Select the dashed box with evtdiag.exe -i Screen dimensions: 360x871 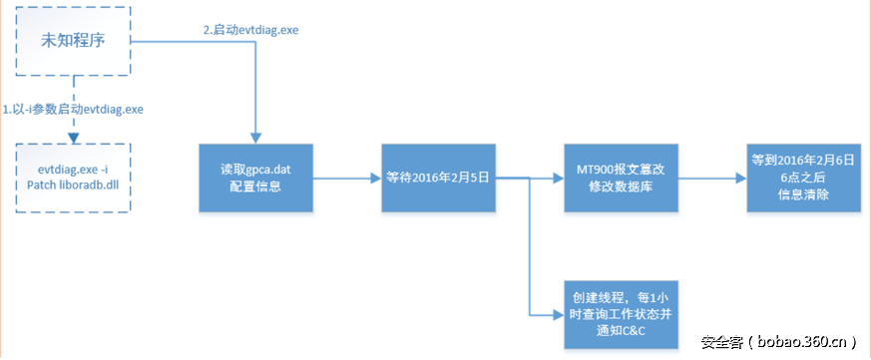(73, 178)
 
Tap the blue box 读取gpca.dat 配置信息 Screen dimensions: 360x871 (254, 178)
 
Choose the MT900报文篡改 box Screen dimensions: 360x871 (621, 178)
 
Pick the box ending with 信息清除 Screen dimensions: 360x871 (803, 178)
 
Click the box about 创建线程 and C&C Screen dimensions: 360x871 (621, 313)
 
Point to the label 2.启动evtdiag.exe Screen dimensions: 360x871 (250, 30)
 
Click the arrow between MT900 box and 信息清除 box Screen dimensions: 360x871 (712, 178)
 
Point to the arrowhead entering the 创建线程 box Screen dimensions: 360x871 (558, 314)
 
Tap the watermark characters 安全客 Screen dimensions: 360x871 (721, 341)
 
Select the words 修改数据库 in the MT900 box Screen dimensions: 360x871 (621, 187)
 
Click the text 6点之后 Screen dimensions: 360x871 (803, 177)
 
